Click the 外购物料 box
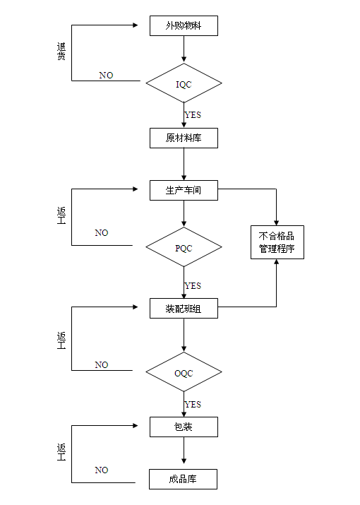tap(184, 25)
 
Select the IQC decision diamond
tap(184, 83)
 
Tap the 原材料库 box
tap(184, 138)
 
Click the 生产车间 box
tap(184, 190)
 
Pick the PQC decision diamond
tap(184, 247)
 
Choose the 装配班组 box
tap(184, 309)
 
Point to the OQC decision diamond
tap(184, 372)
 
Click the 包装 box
tap(184, 427)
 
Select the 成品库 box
tap(183, 480)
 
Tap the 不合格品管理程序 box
tap(277, 242)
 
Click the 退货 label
tap(61, 52)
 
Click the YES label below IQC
tap(193, 115)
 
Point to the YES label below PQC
tap(193, 285)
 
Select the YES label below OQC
tap(193, 405)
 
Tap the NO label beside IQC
tap(106, 76)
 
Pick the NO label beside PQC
tap(102, 233)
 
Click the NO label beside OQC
tap(102, 365)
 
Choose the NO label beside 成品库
tap(102, 470)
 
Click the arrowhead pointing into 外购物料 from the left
tap(136, 25)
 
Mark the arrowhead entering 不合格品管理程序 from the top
tap(276, 223)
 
